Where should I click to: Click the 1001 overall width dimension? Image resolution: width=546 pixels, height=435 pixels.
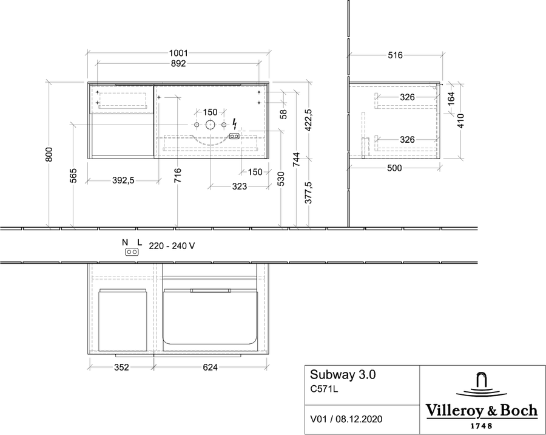(178, 53)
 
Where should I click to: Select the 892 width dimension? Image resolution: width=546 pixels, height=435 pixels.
(178, 64)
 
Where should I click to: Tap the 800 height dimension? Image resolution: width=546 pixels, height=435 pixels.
(49, 154)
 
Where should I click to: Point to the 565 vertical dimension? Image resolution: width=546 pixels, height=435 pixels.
(73, 176)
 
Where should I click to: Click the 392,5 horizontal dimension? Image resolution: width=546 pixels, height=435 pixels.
(123, 180)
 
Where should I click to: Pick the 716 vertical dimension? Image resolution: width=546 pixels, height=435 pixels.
(178, 176)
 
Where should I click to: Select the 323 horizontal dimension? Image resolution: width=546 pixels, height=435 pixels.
(240, 187)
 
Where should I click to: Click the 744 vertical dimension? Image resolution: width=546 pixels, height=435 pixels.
(296, 159)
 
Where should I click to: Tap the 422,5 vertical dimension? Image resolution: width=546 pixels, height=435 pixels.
(309, 120)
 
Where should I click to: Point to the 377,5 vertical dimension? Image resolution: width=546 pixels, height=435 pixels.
(309, 193)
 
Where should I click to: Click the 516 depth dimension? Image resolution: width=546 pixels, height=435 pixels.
(395, 55)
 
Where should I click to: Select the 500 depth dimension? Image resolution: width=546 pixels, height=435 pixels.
(394, 168)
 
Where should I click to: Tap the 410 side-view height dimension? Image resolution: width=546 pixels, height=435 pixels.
(460, 121)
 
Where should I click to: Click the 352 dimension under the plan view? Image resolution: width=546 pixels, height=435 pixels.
(121, 367)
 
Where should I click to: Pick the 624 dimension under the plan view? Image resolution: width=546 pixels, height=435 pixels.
(210, 367)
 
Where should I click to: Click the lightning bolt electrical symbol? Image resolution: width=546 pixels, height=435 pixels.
(235, 124)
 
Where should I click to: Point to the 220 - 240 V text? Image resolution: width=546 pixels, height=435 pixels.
(172, 246)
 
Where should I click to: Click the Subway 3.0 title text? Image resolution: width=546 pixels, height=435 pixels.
(343, 375)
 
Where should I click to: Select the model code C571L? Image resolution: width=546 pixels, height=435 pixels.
(324, 389)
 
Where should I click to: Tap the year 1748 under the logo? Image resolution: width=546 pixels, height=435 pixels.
(482, 425)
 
